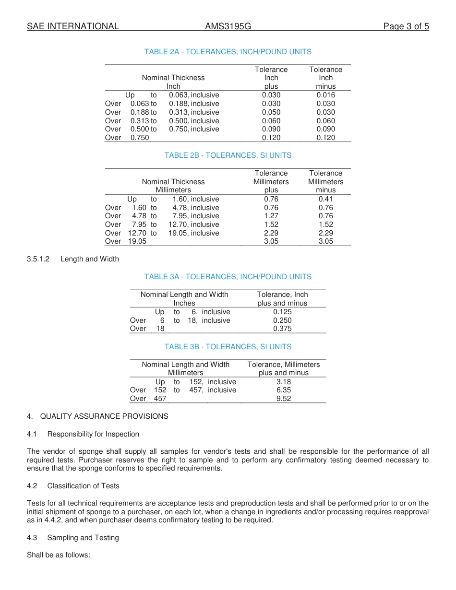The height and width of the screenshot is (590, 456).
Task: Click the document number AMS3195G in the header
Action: click(228, 26)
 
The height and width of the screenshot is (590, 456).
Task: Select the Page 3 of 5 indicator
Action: click(406, 26)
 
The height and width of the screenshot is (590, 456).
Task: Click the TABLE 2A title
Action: click(228, 52)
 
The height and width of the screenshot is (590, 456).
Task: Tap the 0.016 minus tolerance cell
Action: click(325, 95)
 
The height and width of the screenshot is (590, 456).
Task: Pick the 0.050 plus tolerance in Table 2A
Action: click(271, 112)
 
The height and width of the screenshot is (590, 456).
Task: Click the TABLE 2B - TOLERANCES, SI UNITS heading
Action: click(228, 155)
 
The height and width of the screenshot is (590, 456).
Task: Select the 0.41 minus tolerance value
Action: click(325, 199)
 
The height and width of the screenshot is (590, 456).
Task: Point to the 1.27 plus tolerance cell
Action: click(271, 216)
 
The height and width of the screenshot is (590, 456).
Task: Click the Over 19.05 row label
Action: click(126, 241)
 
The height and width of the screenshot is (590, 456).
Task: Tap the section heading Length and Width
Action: click(89, 259)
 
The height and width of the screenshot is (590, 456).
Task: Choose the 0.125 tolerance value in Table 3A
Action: click(282, 312)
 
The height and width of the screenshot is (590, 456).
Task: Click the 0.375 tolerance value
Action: click(282, 329)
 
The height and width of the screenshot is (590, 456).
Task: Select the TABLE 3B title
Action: click(228, 347)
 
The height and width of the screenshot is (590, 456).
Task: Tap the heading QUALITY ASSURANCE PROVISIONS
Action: click(104, 416)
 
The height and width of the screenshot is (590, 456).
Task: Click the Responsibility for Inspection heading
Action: click(93, 434)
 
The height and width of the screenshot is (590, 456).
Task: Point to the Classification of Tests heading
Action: click(83, 486)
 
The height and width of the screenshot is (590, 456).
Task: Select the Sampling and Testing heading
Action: click(83, 538)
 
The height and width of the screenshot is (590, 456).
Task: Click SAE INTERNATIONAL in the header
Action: click(73, 26)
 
